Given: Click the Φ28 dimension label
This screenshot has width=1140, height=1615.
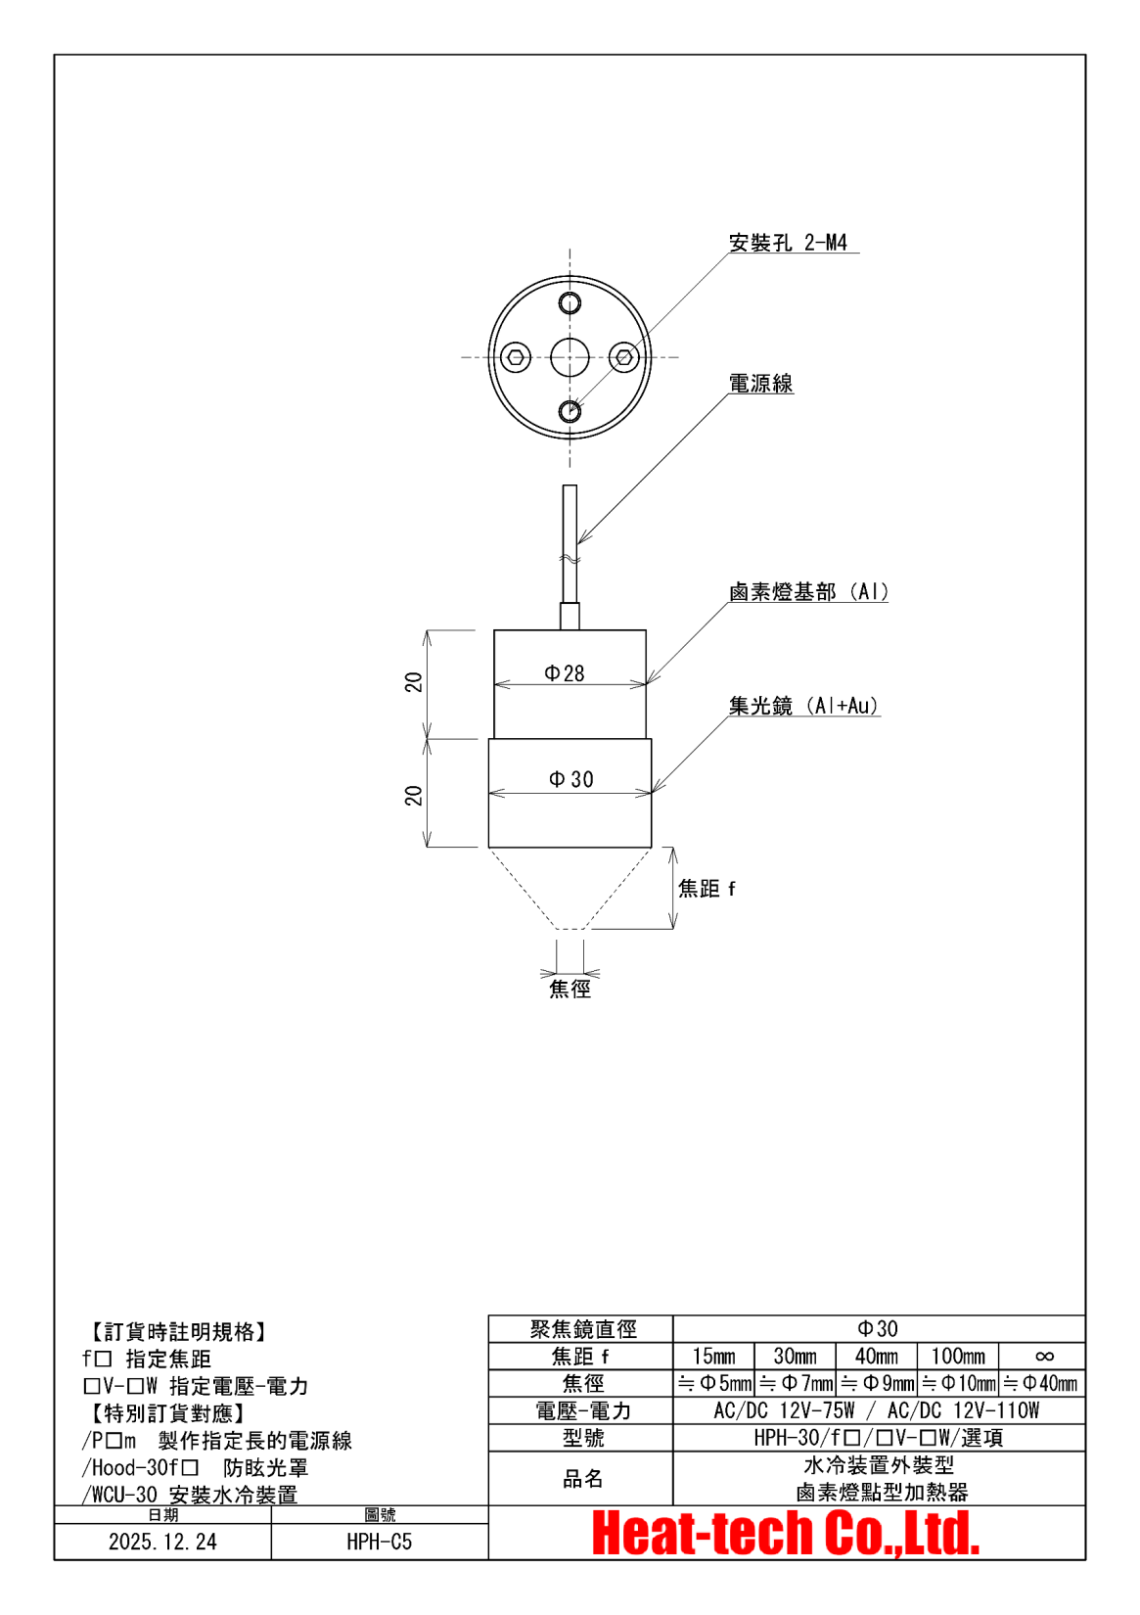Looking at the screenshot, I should (565, 673).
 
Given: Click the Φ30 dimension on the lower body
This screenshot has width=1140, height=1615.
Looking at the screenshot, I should (571, 779).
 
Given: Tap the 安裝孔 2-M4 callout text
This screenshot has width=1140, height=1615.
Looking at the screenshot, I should (788, 243).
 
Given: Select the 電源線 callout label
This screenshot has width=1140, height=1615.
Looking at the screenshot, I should (760, 384).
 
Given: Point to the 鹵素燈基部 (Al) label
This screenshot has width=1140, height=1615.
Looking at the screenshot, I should (808, 592).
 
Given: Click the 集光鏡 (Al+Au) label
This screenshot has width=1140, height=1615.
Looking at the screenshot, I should (803, 706).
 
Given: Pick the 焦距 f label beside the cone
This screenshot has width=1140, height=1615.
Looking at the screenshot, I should (707, 889).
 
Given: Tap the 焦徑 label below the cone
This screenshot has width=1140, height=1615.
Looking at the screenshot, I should (570, 989).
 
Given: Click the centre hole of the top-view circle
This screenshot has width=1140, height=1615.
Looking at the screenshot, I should (570, 357).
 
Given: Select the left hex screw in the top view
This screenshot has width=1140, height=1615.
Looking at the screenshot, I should (516, 357).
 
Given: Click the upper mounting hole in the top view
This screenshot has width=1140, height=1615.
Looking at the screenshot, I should (570, 302).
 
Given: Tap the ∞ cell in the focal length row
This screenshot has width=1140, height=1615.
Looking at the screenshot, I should (1043, 1357).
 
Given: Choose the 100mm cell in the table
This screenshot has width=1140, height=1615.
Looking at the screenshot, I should (958, 1357).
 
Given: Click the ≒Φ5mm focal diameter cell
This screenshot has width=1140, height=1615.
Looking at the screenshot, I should (714, 1384).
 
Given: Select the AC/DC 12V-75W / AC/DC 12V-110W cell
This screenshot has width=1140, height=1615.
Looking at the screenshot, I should (878, 1410).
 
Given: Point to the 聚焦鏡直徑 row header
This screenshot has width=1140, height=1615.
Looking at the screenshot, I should (582, 1329).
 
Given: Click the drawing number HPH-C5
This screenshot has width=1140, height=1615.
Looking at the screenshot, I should (379, 1543).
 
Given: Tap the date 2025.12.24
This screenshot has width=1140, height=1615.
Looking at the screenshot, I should (162, 1543).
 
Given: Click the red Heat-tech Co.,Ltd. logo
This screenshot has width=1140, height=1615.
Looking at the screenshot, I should (786, 1534).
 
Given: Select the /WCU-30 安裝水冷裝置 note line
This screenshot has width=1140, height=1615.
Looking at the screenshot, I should (190, 1495).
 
